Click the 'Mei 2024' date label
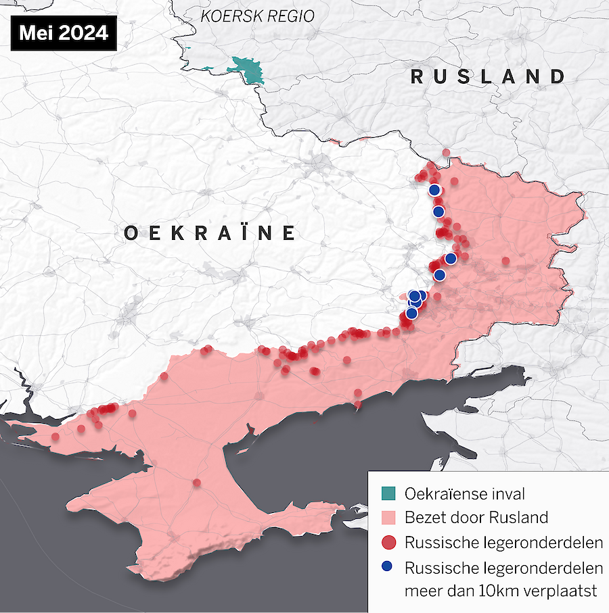63,33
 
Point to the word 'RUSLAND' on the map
488,76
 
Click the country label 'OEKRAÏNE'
210,233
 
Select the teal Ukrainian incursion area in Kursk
248,70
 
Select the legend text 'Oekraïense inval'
464,494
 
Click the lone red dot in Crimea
196,483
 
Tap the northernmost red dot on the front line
445,153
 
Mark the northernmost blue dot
434,190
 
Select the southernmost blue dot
411,313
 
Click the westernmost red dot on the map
55,436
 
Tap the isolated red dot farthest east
505,261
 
